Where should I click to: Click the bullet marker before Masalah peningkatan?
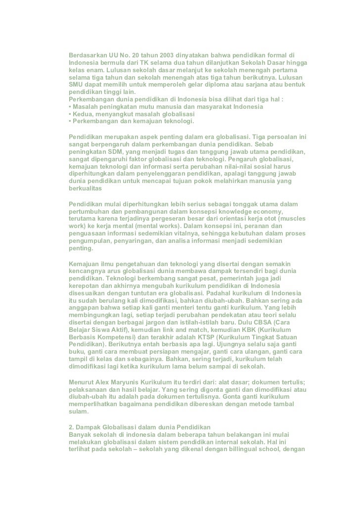70,107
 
